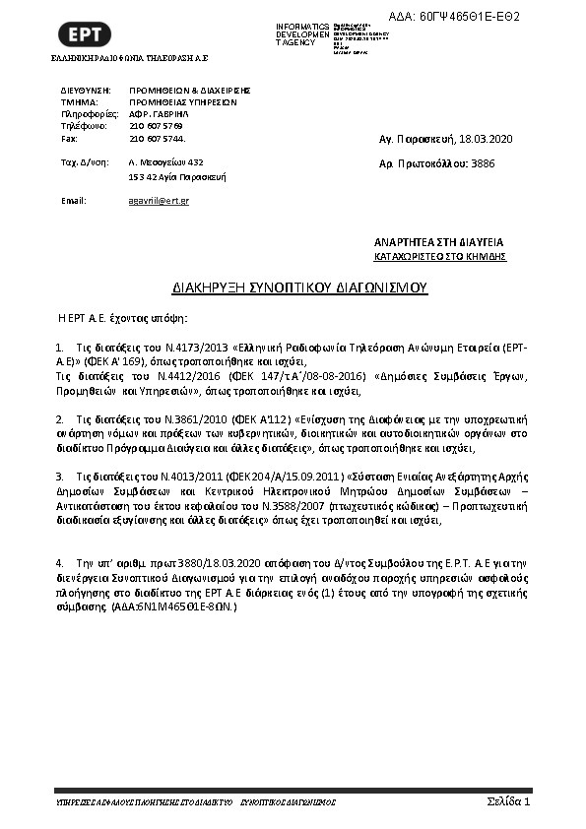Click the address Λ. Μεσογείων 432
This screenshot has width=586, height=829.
[165, 161]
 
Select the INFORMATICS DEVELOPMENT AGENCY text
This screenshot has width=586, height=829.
[303, 33]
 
